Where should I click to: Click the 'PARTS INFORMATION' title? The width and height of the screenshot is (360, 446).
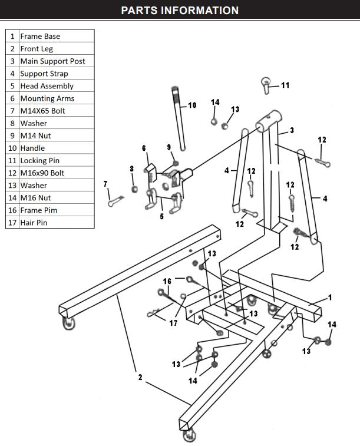point(180,11)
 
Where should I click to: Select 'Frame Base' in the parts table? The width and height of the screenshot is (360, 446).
point(40,36)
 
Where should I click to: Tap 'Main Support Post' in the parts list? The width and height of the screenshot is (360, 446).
point(52,61)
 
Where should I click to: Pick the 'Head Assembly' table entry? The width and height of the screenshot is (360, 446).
point(47,86)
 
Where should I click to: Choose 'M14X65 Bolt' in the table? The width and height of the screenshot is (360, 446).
point(43,111)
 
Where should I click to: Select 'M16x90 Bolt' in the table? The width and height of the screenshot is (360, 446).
point(42,173)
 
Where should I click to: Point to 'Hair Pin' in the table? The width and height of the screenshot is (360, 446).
point(34,223)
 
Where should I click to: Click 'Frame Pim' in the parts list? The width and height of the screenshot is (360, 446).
point(38,210)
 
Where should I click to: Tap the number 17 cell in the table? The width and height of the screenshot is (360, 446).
point(12,223)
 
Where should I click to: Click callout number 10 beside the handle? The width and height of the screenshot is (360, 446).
point(192,105)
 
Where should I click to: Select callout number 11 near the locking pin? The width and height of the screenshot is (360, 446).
point(285,85)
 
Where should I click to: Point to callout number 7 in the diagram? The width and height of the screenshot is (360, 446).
point(106,184)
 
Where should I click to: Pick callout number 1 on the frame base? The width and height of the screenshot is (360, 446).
point(330,298)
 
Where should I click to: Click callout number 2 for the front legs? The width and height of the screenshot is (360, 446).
point(140,377)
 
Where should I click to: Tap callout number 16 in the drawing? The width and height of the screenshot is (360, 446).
point(167,281)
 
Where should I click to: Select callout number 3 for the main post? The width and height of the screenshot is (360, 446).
point(292,130)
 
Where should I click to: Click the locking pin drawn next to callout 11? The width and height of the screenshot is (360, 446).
point(267,86)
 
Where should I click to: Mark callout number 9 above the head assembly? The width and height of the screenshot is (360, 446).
point(169,147)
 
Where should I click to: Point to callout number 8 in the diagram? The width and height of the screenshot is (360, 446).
point(132,169)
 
